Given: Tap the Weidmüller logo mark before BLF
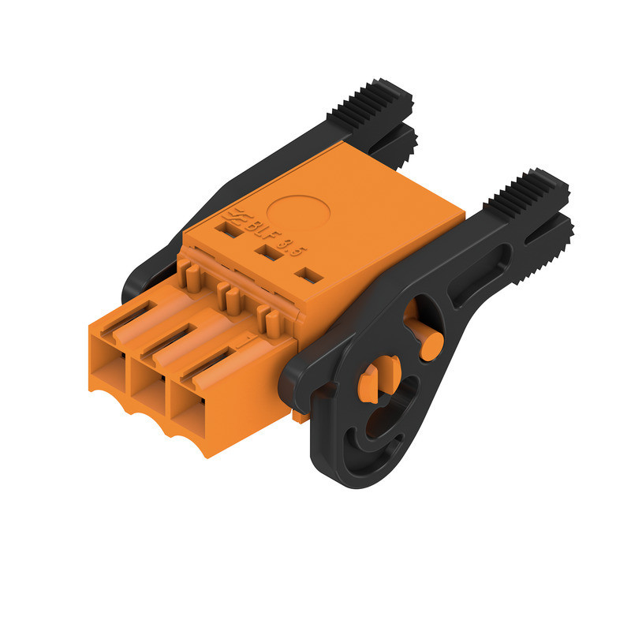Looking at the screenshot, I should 235,215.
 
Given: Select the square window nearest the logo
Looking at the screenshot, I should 233,231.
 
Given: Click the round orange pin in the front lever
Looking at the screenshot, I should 430,345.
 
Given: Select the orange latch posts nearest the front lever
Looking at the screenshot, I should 268,320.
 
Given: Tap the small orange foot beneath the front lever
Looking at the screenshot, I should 301,415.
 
